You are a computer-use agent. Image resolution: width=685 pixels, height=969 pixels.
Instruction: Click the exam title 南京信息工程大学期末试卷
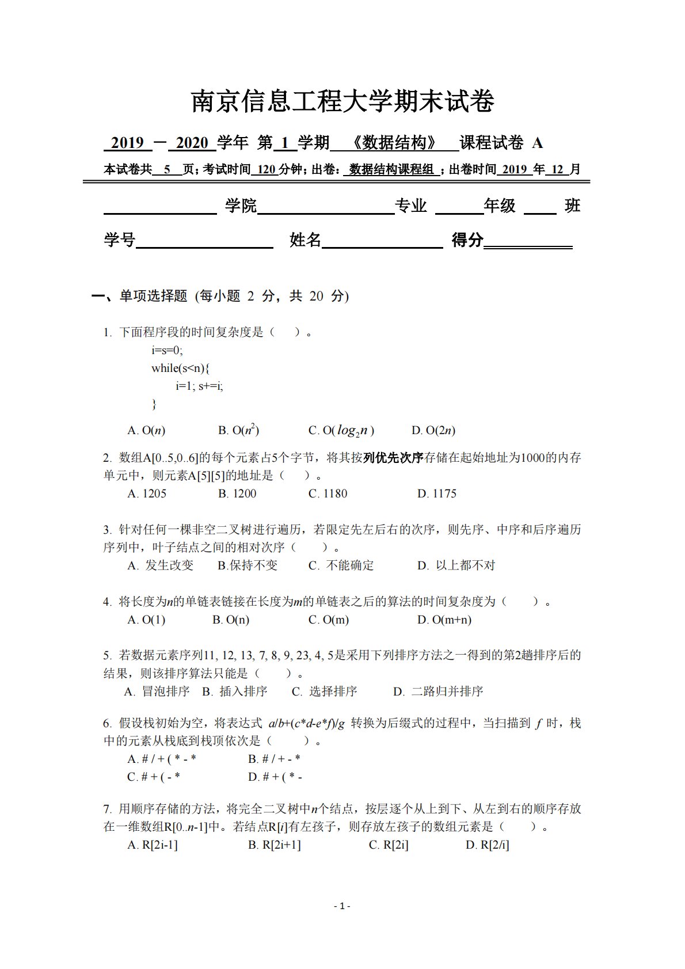point(342,102)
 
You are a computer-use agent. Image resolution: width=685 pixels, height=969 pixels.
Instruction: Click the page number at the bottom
point(342,906)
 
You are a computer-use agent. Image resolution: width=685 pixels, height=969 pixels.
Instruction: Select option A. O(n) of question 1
point(146,430)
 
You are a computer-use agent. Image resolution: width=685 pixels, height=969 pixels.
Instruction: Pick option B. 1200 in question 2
point(237,493)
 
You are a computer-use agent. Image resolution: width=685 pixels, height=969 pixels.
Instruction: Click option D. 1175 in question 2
point(437,493)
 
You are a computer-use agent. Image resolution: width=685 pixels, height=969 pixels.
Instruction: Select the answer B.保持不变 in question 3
point(248,565)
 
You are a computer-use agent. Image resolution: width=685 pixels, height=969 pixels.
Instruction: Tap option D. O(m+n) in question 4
point(444,620)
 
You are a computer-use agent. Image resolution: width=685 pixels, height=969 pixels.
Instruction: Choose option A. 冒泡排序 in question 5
point(157,691)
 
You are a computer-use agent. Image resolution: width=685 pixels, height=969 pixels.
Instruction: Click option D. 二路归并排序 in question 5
point(438,691)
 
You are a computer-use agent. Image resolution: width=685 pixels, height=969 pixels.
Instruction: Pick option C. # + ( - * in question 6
point(154,777)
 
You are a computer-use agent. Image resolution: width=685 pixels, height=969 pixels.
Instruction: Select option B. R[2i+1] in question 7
point(275,845)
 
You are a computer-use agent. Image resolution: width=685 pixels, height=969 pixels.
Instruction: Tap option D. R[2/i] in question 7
point(488,845)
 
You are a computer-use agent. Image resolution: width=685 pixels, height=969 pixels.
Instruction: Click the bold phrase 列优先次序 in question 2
point(393,458)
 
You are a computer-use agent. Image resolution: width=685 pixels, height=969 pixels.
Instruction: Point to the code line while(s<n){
point(181,368)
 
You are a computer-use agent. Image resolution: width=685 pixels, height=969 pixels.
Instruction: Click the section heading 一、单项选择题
point(140,296)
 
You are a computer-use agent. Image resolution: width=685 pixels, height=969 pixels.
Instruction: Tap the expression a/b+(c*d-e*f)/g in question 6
point(306,724)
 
